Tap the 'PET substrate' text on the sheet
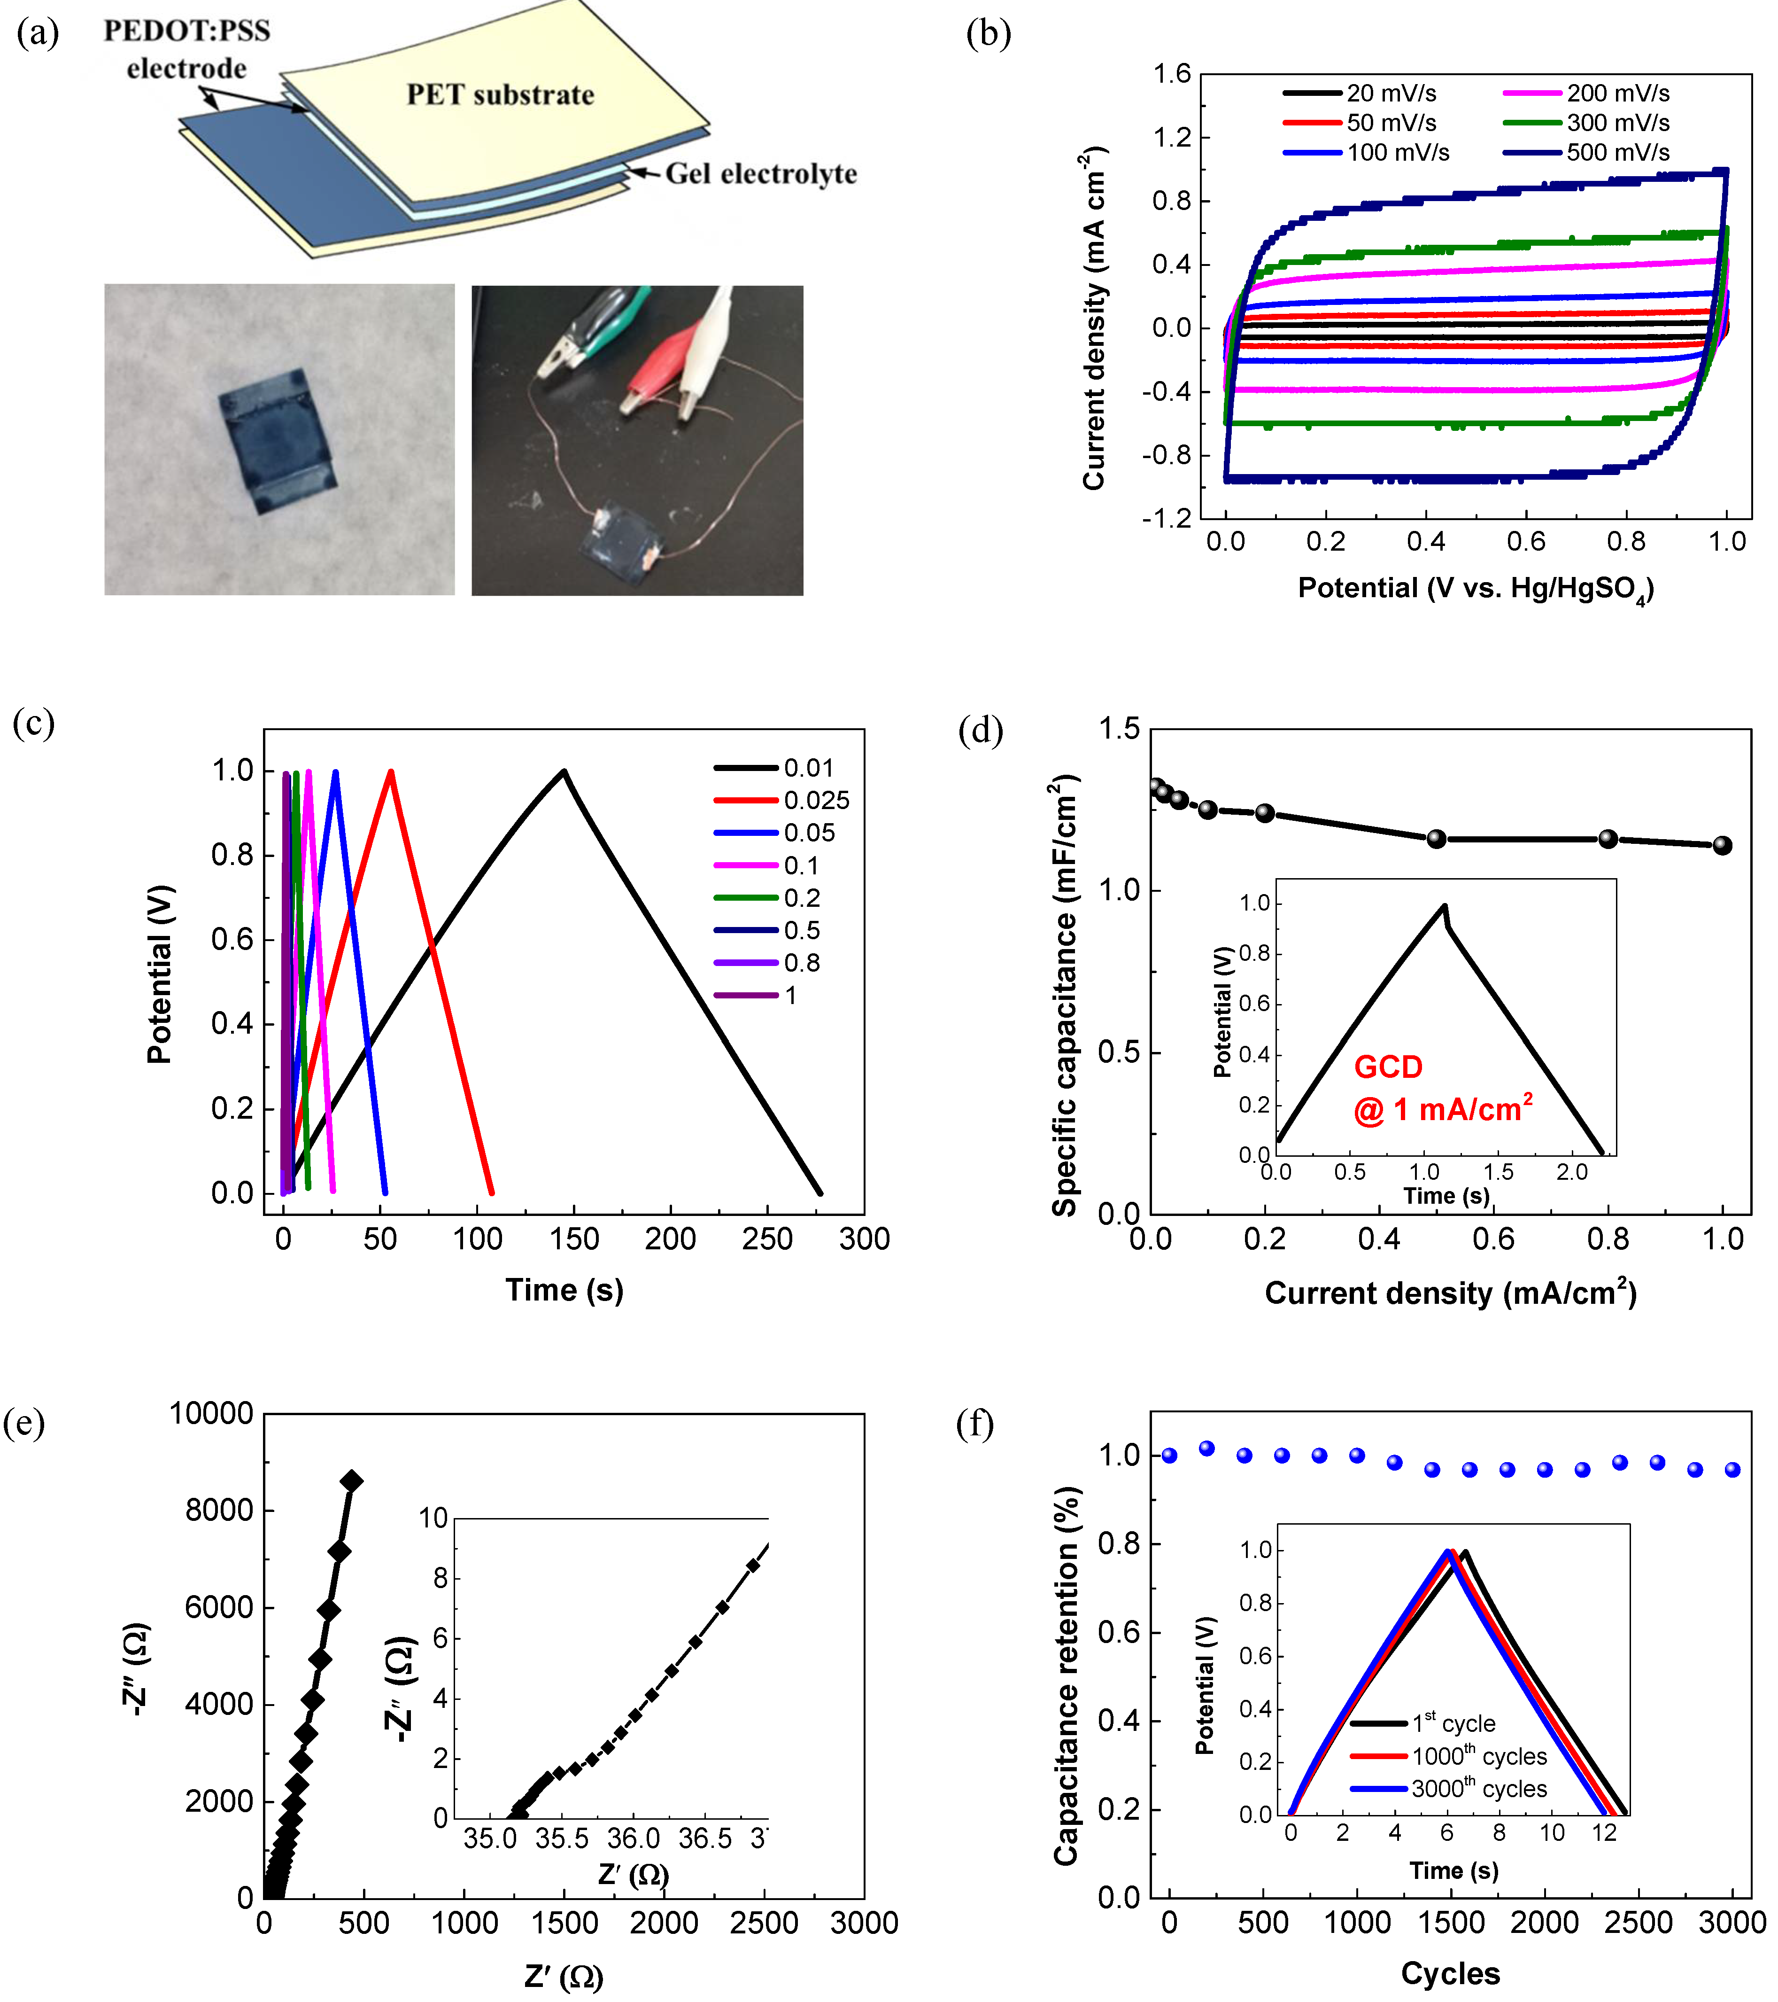pyautogui.click(x=500, y=95)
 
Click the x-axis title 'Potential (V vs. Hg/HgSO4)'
pyautogui.click(x=1476, y=589)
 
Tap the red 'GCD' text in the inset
pyautogui.click(x=1387, y=1067)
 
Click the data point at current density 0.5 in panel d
pyautogui.click(x=1436, y=838)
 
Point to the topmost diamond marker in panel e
pyautogui.click(x=350, y=1481)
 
